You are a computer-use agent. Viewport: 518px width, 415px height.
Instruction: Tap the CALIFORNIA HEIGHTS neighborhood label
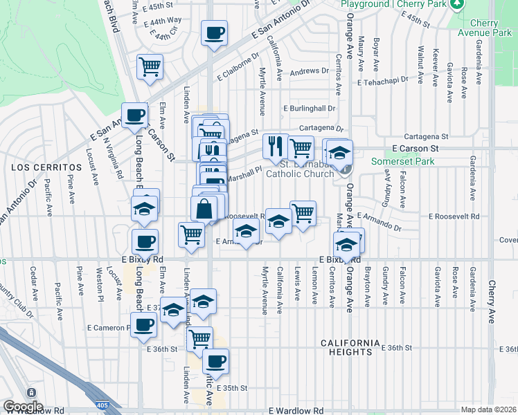[350, 347]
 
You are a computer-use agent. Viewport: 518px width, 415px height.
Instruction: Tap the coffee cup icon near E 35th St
[215, 361]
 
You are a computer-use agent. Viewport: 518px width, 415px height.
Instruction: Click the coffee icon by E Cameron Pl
[144, 325]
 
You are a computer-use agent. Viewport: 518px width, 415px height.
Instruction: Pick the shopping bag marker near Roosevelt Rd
[204, 208]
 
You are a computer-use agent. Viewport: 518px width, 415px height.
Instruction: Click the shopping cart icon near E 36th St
[199, 339]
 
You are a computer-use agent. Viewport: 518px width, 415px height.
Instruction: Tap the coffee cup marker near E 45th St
[214, 33]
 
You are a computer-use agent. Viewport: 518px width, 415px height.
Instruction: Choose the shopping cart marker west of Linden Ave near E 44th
[150, 67]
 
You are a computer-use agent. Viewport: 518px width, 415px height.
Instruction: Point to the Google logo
[22, 407]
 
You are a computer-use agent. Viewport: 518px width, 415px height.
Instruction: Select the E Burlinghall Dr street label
[309, 109]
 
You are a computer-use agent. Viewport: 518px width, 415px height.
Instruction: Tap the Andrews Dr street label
[309, 71]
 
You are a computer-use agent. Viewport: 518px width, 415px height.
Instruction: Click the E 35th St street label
[231, 388]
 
